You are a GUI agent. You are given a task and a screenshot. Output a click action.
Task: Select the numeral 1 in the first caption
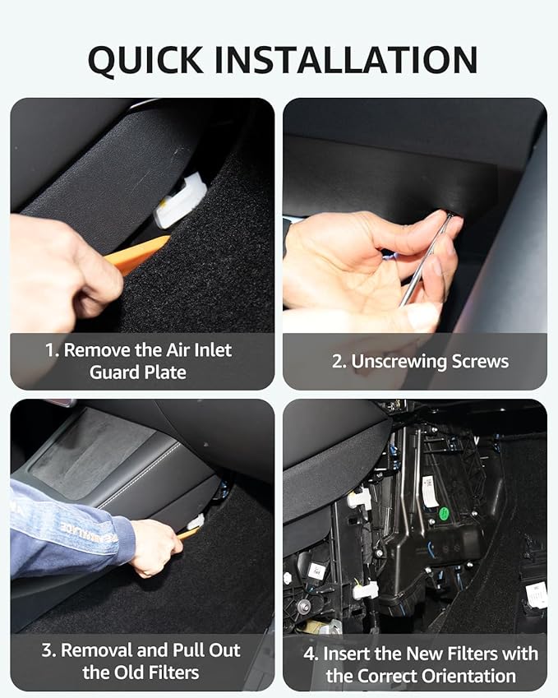pos(49,350)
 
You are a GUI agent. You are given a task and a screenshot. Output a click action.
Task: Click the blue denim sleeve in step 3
pos(66,530)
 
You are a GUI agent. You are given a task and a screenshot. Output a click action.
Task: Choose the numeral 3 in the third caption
pos(47,650)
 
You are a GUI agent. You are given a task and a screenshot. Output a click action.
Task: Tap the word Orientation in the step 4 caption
pos(469,677)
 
